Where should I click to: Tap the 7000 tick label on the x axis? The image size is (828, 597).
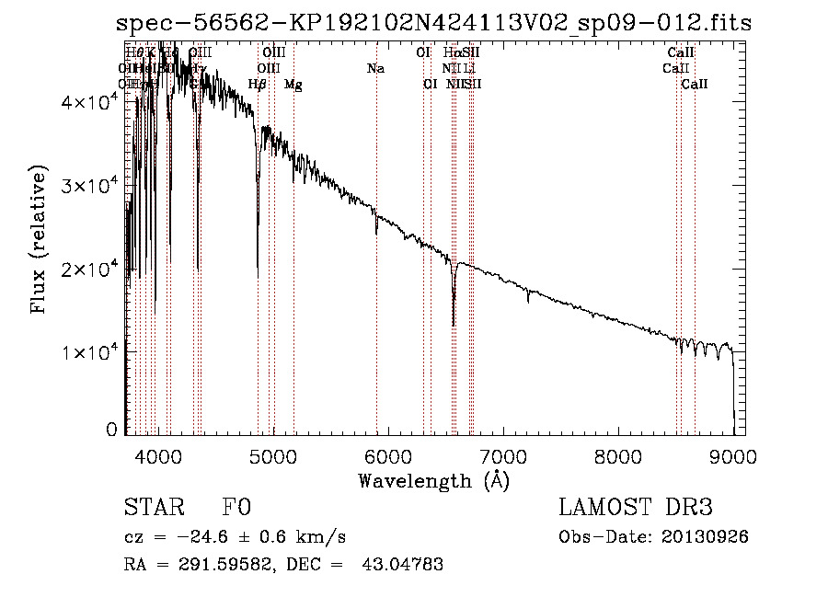(x=502, y=455)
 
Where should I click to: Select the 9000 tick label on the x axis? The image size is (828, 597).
(x=732, y=455)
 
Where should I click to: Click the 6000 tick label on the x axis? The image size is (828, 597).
(x=387, y=455)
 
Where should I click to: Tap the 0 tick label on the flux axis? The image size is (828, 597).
(x=111, y=430)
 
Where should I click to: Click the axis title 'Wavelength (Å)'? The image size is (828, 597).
(x=433, y=480)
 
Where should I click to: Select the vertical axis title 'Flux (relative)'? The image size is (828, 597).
(x=40, y=240)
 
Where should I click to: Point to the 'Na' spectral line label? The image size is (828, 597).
(x=375, y=68)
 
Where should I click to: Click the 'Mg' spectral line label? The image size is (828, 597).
(x=293, y=85)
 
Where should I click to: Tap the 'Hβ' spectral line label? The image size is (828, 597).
(x=258, y=85)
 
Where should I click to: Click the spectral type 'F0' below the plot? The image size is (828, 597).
(x=236, y=509)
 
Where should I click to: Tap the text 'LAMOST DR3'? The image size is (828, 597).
(x=635, y=509)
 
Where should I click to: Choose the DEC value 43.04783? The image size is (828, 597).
(x=404, y=564)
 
